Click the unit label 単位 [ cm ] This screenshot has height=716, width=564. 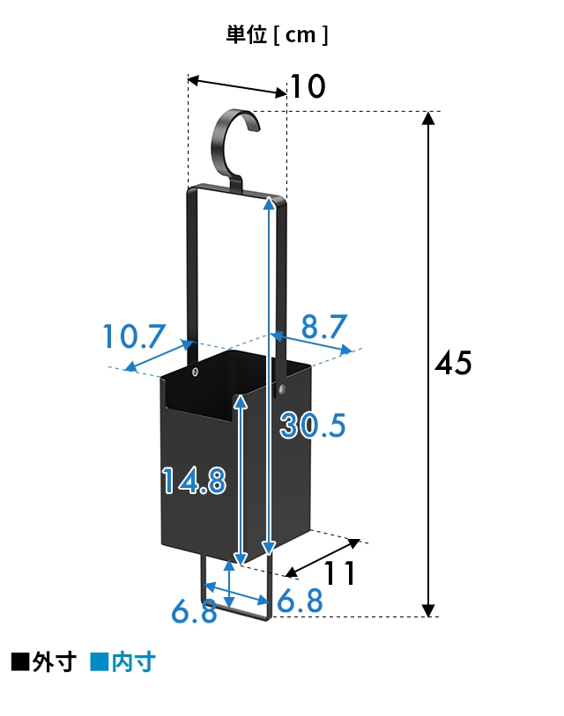point(277,34)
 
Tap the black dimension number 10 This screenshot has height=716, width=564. point(308,86)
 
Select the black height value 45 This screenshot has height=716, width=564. point(453,363)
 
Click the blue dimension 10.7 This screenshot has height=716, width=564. point(134,336)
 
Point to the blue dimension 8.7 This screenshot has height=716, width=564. point(324,326)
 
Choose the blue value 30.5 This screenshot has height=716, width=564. point(313,425)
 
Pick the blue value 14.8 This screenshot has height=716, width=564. point(194,480)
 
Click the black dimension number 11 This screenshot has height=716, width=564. point(339,573)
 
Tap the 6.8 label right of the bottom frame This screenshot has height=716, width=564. point(300,601)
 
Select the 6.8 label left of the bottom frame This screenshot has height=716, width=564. point(194,611)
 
